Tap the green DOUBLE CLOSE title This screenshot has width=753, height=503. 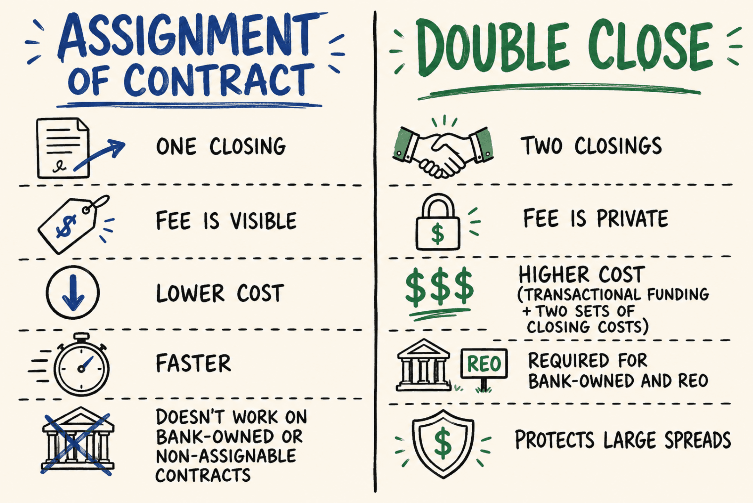(x=565, y=47)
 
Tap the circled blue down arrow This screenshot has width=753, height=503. (x=73, y=292)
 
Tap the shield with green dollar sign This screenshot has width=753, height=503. (x=443, y=444)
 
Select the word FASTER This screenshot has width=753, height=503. (x=194, y=363)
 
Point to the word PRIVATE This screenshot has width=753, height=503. (x=632, y=218)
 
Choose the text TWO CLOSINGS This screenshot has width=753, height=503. (x=591, y=145)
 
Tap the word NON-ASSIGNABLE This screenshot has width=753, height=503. (x=226, y=456)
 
